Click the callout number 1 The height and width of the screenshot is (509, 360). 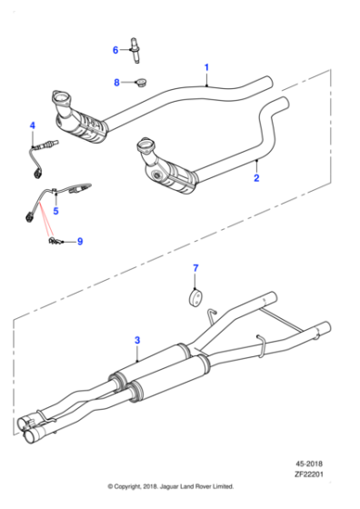point(206,68)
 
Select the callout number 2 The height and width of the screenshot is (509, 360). point(256,178)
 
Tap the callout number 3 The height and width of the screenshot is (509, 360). point(137,341)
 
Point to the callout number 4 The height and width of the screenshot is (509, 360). point(32,125)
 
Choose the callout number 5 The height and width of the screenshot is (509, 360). point(55,211)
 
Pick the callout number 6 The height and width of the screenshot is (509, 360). point(115,49)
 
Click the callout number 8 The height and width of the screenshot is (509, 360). point(116,83)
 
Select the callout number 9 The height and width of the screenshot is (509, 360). point(79,241)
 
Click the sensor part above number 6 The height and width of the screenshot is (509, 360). point(138,46)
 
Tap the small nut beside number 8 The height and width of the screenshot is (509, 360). point(139,83)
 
